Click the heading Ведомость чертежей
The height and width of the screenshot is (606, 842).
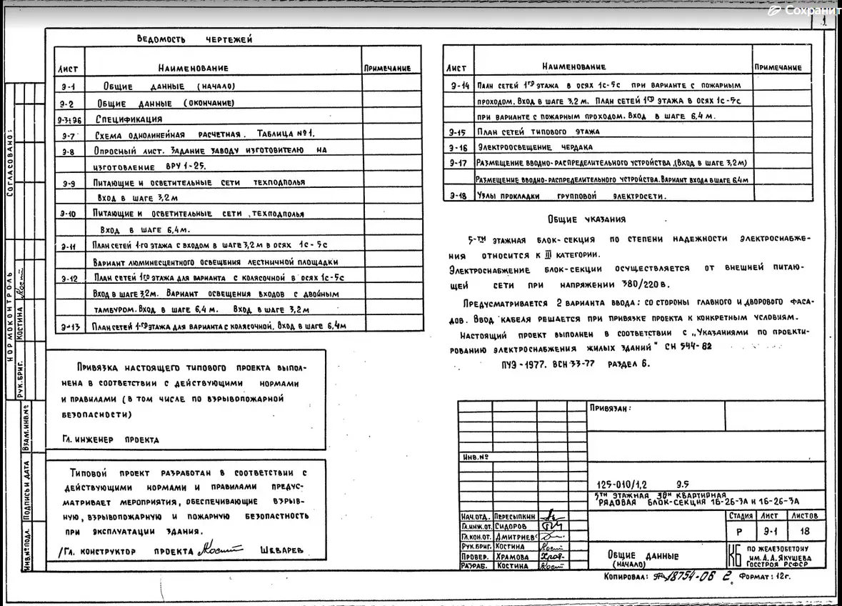194,39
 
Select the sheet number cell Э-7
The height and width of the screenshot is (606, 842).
69,135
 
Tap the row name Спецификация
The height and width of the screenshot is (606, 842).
129,119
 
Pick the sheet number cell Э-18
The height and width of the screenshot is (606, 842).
458,195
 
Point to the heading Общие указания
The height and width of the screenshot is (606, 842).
586,219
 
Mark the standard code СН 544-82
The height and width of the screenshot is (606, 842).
688,347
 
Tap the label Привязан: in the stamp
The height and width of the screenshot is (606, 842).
610,409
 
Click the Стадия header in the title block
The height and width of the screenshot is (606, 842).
741,515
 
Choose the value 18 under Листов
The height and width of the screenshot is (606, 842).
805,532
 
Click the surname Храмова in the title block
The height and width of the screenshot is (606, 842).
513,556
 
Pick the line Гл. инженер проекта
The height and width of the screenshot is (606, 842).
110,440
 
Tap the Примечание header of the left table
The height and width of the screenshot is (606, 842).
387,68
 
